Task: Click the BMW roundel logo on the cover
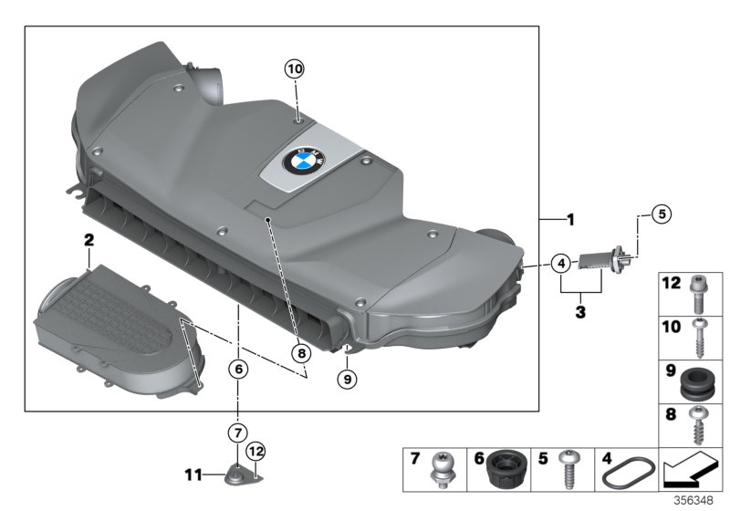(298, 164)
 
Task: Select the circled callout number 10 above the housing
(294, 68)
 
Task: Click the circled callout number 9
(348, 377)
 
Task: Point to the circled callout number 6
(237, 370)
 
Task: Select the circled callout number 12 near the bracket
(255, 450)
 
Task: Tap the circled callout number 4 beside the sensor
(562, 264)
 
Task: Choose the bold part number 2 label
(89, 240)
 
